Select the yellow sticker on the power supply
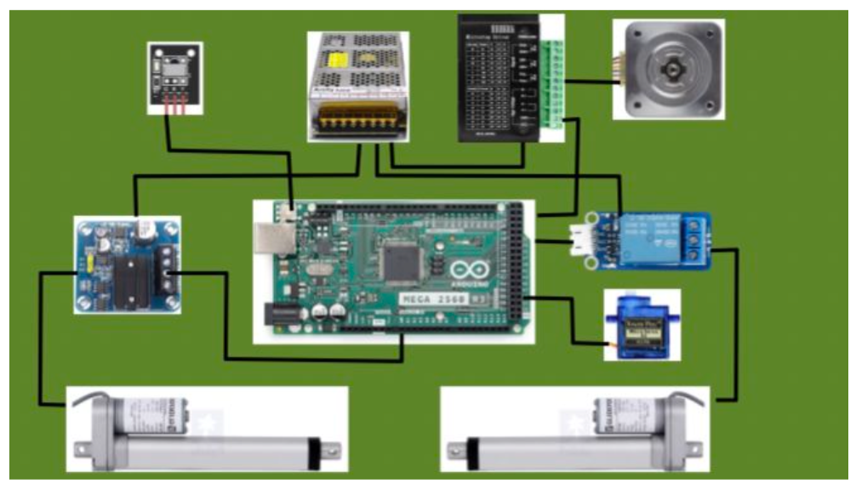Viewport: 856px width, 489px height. coord(339,60)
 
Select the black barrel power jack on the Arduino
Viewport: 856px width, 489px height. coord(280,316)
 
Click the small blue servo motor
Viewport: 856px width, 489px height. coord(638,327)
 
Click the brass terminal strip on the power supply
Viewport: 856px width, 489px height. coord(357,125)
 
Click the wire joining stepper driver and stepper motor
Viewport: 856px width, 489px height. coord(591,82)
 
